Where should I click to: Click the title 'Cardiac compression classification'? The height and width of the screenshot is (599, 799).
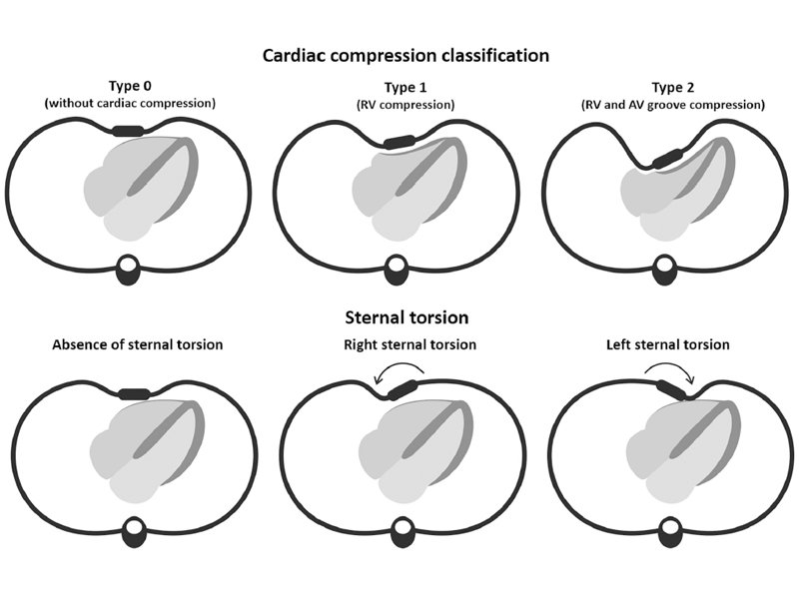(405, 55)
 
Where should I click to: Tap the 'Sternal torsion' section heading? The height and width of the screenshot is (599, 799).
(406, 317)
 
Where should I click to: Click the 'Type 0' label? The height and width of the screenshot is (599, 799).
(130, 86)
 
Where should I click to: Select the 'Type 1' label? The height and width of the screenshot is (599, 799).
(405, 88)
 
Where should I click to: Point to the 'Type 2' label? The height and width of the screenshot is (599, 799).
(672, 88)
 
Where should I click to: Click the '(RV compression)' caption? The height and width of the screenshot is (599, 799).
(405, 105)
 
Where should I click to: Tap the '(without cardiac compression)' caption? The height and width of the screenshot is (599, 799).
(130, 103)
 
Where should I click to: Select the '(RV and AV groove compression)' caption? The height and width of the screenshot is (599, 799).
(672, 105)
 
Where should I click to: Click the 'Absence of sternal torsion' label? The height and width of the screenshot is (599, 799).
(137, 344)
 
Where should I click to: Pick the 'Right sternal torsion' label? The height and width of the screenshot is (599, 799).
(409, 344)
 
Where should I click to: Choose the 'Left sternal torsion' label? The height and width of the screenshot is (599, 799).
(667, 344)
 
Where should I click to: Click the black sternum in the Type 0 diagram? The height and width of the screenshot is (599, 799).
(128, 131)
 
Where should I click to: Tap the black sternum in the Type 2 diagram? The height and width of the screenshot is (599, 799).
(667, 159)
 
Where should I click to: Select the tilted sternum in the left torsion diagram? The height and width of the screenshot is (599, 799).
(670, 389)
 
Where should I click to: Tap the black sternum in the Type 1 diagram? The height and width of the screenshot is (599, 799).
(399, 142)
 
